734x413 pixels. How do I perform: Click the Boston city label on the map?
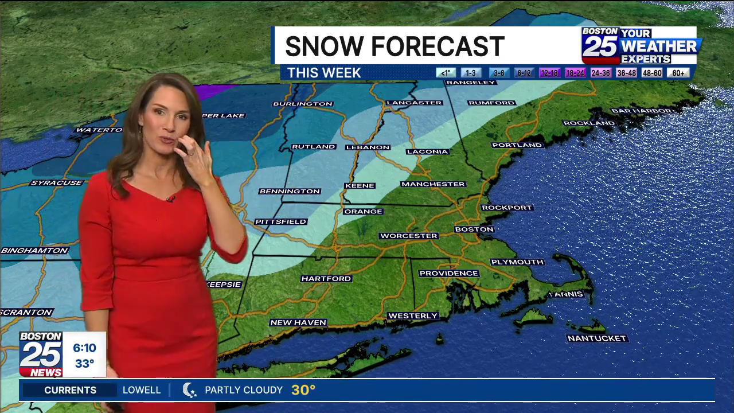474,229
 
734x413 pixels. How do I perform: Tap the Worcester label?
409,236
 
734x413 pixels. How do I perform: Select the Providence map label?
448,274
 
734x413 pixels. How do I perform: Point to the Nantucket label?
597,338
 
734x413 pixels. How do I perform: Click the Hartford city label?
326,279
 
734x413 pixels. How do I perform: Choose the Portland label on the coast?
517,145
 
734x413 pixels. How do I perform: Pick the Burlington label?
303,104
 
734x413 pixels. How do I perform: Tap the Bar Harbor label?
641,111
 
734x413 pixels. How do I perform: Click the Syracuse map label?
57,183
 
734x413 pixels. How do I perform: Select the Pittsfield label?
281,221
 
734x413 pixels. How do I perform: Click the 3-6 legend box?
499,73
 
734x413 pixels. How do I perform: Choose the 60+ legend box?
678,73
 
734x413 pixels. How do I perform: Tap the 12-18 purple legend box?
549,73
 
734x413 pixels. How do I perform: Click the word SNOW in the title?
324,46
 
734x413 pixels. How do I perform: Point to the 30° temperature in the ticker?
303,390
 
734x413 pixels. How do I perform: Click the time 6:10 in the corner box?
84,348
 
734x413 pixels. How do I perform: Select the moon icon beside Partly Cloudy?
189,390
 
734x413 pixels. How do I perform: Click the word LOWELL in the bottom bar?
142,390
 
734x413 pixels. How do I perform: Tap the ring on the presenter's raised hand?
191,153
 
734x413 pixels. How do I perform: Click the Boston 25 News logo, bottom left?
41,354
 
